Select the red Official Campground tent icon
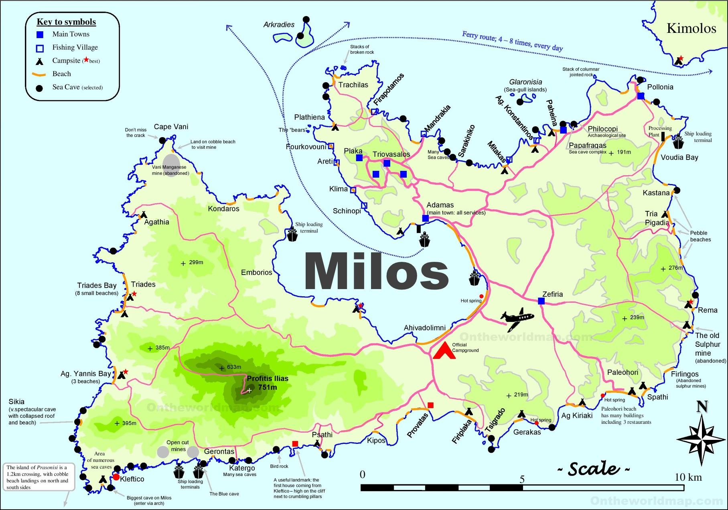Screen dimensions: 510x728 point(444,350)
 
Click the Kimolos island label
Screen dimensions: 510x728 point(691,28)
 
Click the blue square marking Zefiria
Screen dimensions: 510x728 point(541,301)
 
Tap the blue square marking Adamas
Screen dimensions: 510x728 point(426,218)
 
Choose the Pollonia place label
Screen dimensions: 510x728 point(660,87)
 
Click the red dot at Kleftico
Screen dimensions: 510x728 point(116,477)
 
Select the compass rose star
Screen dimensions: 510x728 point(702,438)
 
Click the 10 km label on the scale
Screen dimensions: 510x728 point(688,477)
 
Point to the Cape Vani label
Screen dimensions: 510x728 point(171,127)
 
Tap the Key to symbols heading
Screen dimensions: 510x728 point(66,22)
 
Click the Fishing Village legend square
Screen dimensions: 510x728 point(40,49)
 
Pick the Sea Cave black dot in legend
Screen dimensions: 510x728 point(39,88)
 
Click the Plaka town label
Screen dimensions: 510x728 point(353,151)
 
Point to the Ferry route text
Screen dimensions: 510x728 point(512,40)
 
